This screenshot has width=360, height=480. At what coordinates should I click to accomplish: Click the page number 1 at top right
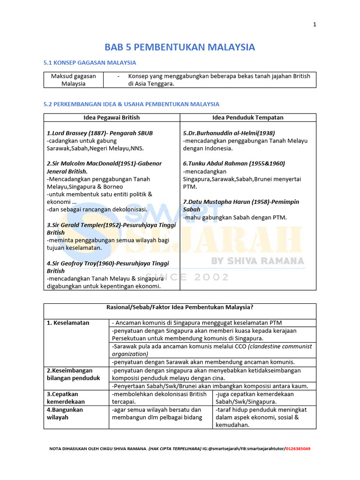tap(315, 25)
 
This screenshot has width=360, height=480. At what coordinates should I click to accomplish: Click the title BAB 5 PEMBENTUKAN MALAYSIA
tap(180, 47)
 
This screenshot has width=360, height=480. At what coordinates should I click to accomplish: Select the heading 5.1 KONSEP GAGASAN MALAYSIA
tap(90, 62)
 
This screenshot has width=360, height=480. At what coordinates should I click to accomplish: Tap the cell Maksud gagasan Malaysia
tap(74, 80)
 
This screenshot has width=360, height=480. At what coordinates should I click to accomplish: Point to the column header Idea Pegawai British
tap(112, 118)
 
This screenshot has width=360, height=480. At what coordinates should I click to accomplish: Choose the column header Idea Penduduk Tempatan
tap(248, 118)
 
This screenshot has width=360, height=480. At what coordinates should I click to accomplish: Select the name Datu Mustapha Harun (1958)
tap(234, 202)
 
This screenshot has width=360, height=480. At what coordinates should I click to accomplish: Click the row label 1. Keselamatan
tap(68, 323)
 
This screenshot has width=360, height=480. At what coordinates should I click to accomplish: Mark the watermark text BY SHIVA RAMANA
tap(257, 261)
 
